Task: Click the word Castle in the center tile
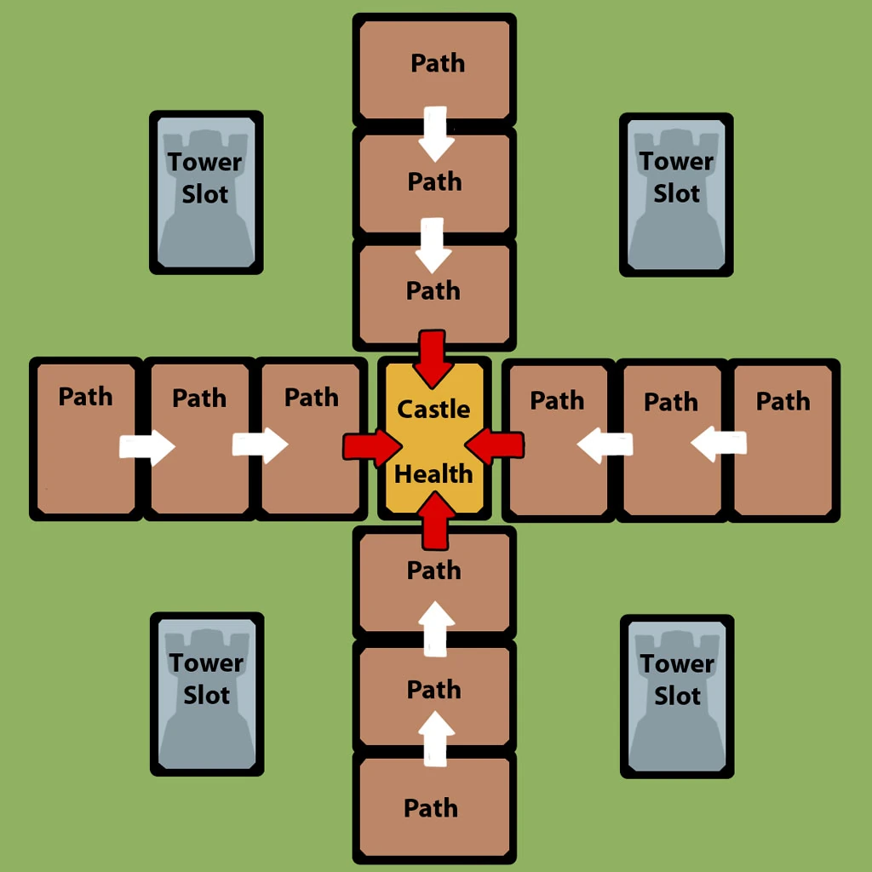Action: pos(433,409)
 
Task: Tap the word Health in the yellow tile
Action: pos(433,473)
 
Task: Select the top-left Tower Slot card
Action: pos(206,192)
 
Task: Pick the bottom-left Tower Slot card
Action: pos(207,694)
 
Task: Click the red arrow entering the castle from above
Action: pos(433,355)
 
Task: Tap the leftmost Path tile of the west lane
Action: pos(85,439)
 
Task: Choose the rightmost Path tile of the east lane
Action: pos(783,439)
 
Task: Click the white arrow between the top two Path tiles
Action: pos(436,134)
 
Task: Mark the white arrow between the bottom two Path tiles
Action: pos(436,737)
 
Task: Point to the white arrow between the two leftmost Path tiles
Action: pos(146,446)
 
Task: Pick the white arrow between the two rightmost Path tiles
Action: pos(719,443)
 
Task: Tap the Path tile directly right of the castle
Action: pos(558,439)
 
